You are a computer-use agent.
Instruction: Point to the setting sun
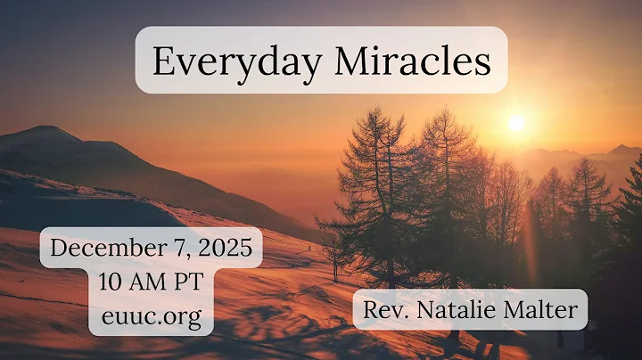pyautogui.click(x=515, y=123)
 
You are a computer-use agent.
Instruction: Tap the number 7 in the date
pyautogui.click(x=172, y=249)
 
